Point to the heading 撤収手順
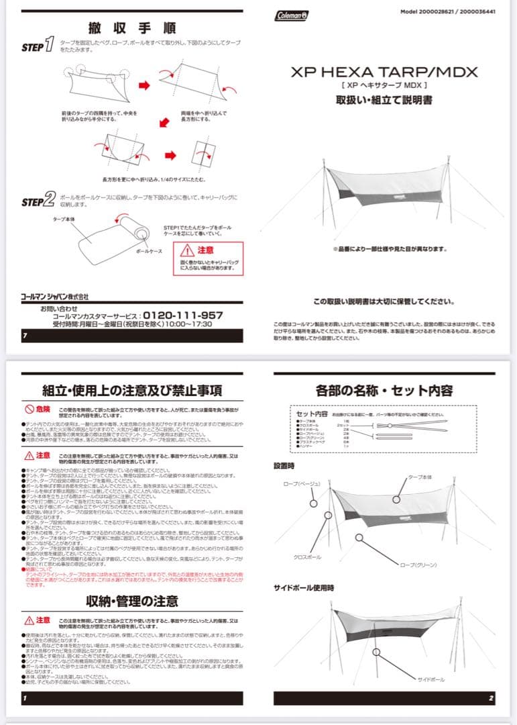(x=132, y=28)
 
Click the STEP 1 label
(x=38, y=46)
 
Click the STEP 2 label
(x=38, y=201)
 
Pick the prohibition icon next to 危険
(x=30, y=409)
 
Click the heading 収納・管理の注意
(x=132, y=600)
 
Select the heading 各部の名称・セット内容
(x=384, y=390)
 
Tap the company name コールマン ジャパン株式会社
(x=54, y=296)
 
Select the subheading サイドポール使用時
(x=303, y=587)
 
